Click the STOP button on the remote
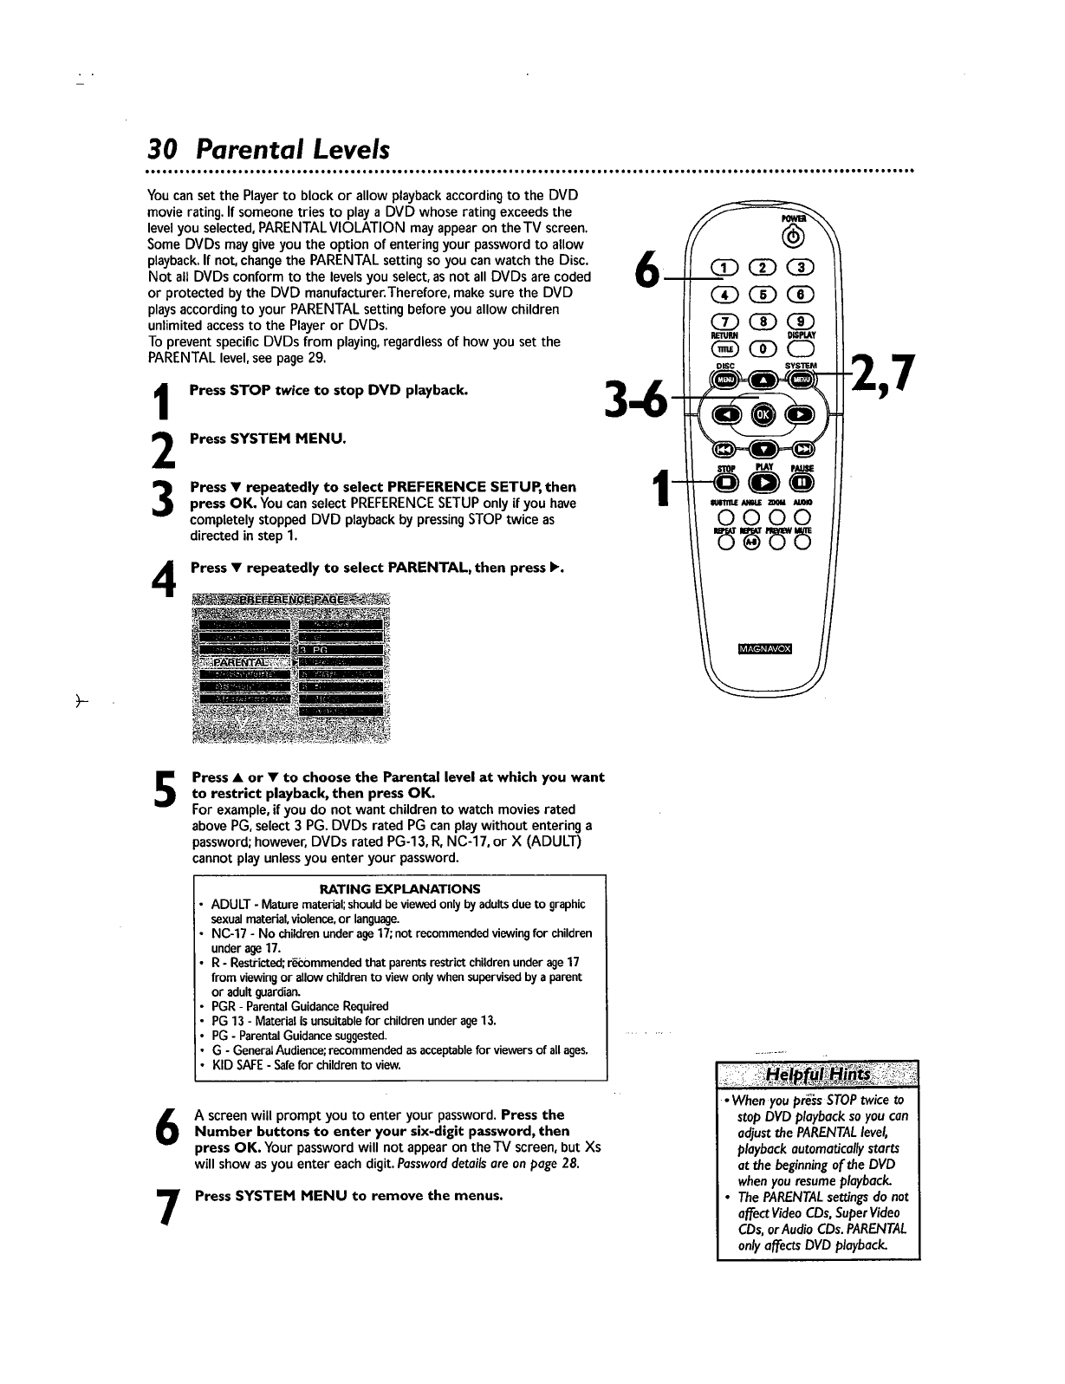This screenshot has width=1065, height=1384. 724,482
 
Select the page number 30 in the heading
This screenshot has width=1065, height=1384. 163,150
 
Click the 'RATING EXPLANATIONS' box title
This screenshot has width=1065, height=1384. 399,888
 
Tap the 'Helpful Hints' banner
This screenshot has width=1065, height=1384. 818,1079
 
